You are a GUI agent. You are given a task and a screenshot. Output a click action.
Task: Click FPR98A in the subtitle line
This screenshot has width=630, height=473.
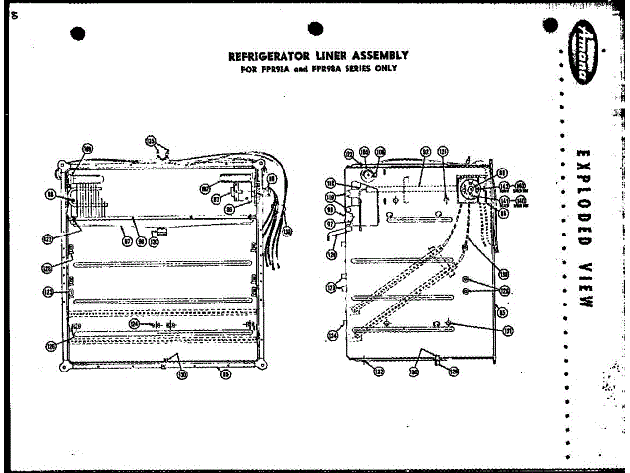323,69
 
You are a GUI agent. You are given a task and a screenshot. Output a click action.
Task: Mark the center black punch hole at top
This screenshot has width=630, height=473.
315,30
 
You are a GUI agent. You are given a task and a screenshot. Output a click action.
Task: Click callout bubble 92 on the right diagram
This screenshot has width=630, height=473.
426,152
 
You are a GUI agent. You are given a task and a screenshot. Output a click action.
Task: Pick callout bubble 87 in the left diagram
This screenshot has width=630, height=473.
125,239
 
